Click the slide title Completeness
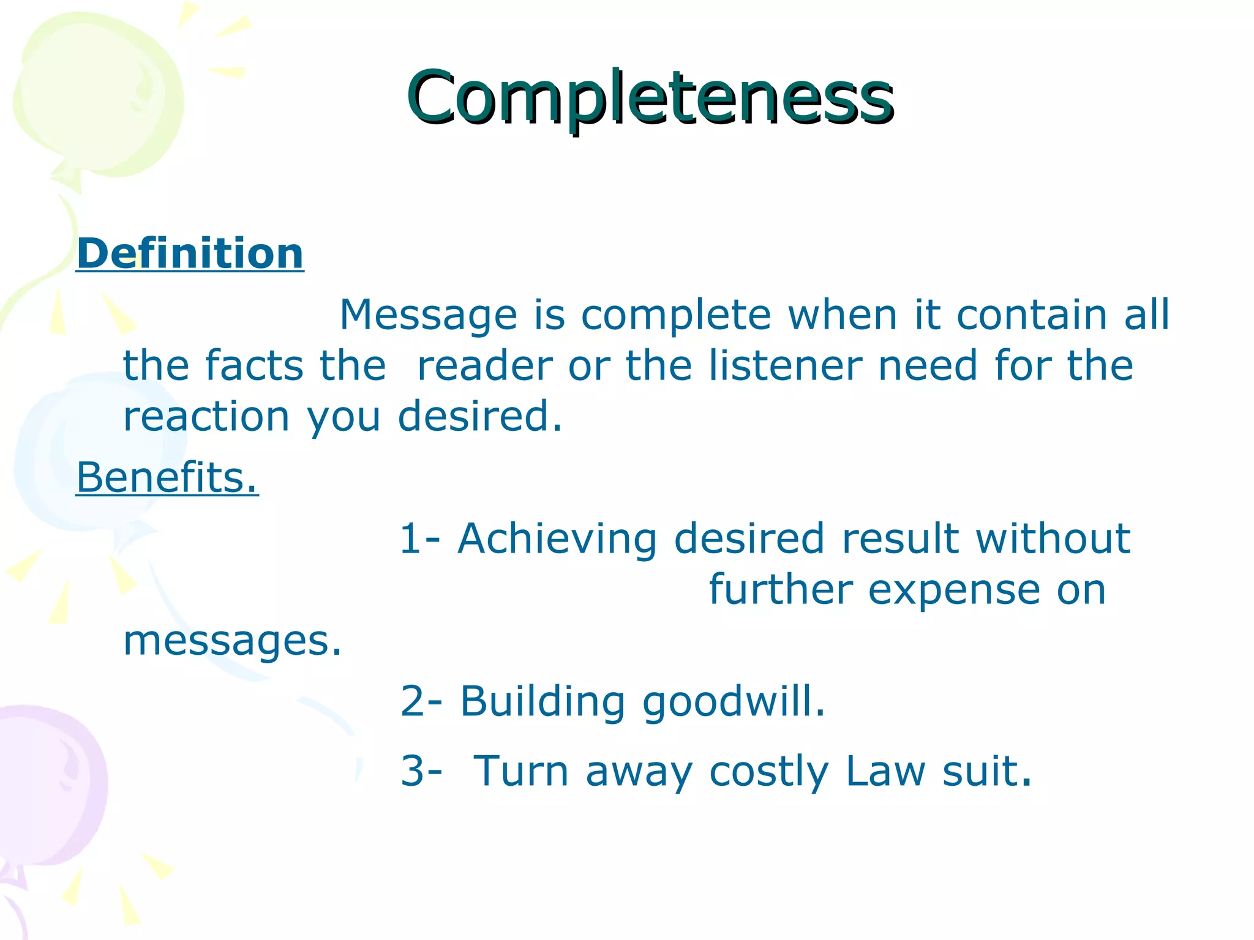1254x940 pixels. coord(650,98)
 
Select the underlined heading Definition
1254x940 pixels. coord(190,253)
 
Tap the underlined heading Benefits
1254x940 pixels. coord(167,477)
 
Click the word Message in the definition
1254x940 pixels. coord(428,315)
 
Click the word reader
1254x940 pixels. coord(484,365)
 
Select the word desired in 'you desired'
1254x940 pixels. coord(479,416)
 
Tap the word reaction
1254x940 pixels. coord(206,416)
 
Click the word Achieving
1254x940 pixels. coord(557,539)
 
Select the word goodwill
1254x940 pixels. coord(734,702)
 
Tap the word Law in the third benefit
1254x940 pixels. coord(885,770)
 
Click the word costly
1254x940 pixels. coord(768,772)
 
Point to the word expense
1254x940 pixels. coord(954,591)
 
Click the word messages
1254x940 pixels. coord(232,641)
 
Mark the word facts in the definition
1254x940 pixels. coord(254,365)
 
